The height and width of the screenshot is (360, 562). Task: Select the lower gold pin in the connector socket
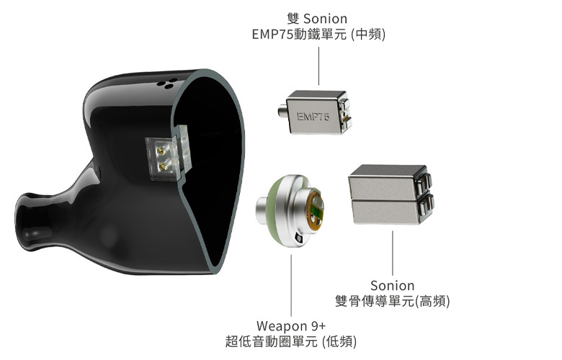coord(161,165)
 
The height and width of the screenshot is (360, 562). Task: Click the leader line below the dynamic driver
coord(291,281)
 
